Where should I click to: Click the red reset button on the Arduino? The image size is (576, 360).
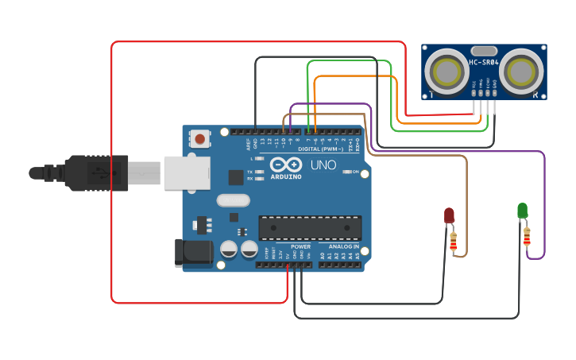199,140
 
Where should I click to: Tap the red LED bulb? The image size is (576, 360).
449,215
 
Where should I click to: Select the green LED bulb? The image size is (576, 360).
522,211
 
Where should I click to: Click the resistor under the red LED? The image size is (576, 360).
454,242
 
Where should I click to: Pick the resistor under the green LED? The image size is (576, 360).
527,237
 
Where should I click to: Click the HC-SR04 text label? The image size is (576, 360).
483,63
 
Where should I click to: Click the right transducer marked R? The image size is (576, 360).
523,72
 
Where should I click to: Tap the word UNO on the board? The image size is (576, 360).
322,166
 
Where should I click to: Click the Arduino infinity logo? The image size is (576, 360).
286,165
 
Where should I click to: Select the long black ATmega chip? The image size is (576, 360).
310,227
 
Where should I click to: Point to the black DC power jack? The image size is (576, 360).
194,252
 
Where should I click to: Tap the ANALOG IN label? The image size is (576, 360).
343,247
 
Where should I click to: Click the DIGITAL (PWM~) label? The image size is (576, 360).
321,149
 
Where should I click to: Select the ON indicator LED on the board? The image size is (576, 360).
346,171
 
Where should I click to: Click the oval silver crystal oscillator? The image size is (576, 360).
232,201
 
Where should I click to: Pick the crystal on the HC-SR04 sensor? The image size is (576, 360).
483,51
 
